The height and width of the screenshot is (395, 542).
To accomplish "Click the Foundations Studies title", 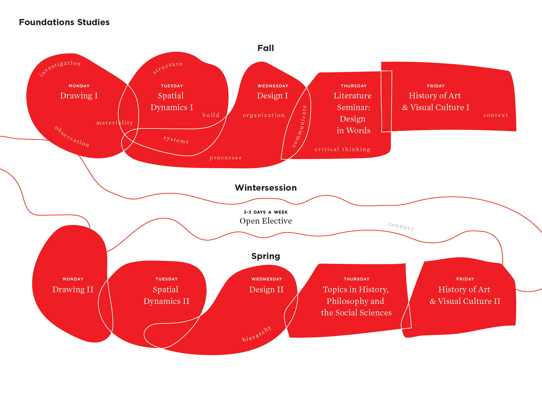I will pos(64,22).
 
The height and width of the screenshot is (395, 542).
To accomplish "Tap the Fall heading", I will pos(265,48).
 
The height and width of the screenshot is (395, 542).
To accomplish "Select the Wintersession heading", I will pos(266,188).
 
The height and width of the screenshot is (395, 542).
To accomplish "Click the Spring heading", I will pos(266,256).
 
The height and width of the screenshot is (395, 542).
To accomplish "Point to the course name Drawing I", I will pos(79,96).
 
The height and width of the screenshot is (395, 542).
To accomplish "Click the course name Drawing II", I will pos(73,289).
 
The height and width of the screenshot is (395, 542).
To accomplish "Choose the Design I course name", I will pos(272,96).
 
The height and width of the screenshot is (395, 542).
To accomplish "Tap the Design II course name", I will pos(266,289).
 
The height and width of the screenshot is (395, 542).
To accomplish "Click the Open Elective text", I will pos(266,221).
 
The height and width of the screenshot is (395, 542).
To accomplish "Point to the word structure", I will pos(168,67).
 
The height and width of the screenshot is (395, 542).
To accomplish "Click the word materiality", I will pos(115,123).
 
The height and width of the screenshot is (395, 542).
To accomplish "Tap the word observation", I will pos(72,137).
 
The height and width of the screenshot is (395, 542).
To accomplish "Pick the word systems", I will pos(176,139).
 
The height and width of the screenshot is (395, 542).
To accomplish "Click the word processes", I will pos(226,158).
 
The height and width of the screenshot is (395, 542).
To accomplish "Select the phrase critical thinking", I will pos(342,149).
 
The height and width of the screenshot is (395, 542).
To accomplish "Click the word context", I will pos(496,115).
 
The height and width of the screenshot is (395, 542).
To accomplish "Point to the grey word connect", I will pos(401,226).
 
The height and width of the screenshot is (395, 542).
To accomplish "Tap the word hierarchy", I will pos(257,334).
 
